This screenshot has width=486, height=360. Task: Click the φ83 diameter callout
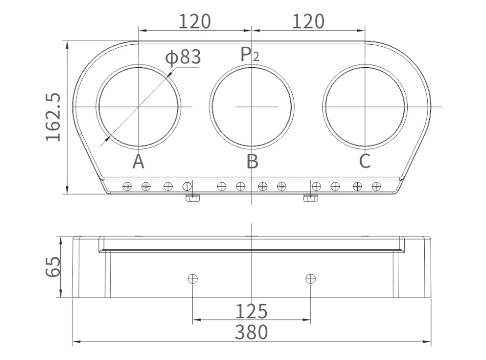[x=183, y=57]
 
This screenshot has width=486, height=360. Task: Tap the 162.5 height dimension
[x=53, y=117]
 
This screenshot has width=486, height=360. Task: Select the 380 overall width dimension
[x=251, y=333]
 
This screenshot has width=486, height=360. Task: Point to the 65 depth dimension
[x=53, y=267]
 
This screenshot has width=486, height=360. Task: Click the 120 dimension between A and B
[x=195, y=22]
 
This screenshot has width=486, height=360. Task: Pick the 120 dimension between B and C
[x=308, y=22]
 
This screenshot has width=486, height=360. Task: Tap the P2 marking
[x=250, y=54]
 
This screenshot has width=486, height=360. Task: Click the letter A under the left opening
[x=138, y=161]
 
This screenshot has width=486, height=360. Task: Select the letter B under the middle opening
[x=252, y=161]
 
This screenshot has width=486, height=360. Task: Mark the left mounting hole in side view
[x=192, y=278]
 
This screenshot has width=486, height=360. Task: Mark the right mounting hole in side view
[x=310, y=278]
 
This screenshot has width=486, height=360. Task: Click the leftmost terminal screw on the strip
[x=127, y=186]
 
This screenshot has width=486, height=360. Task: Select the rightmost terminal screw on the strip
[x=376, y=186]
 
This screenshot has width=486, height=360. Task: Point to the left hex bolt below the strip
[x=191, y=198]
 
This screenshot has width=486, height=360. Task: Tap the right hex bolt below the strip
[x=309, y=198]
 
